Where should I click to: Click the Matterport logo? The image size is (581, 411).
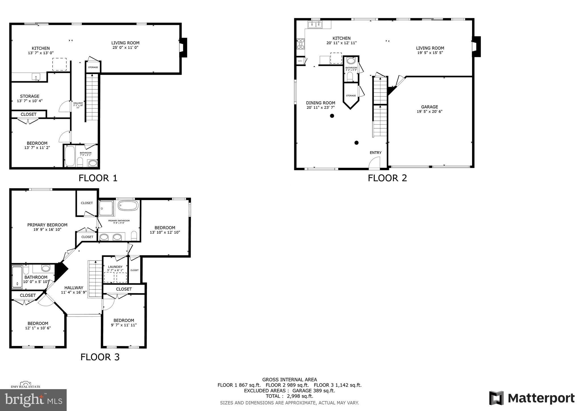[532, 398]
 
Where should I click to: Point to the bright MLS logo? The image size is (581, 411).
[33, 400]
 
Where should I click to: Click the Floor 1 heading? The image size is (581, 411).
[98, 178]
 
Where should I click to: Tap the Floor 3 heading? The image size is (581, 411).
[100, 357]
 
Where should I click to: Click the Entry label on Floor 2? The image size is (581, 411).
[375, 153]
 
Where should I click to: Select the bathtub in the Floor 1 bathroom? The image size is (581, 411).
[70, 156]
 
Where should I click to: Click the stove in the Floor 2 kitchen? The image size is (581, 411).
[300, 44]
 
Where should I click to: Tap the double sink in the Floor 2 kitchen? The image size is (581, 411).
[315, 25]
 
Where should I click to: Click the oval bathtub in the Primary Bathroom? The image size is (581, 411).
[128, 205]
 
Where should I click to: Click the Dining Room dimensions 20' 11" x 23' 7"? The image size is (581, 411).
[321, 108]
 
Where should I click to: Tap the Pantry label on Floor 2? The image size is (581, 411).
[300, 61]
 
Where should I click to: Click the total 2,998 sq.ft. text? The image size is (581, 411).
[289, 396]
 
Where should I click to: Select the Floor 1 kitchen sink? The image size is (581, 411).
[36, 77]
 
